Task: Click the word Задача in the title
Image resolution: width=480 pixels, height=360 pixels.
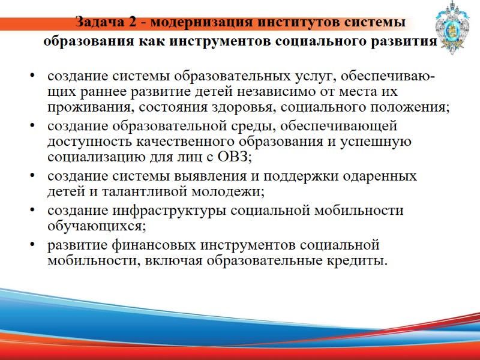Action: (x=98, y=23)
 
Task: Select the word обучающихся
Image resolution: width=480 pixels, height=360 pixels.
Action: (x=96, y=226)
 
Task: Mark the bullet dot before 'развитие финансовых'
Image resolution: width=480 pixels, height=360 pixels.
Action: (x=32, y=245)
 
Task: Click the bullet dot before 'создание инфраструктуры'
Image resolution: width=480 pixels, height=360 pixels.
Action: (x=32, y=211)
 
